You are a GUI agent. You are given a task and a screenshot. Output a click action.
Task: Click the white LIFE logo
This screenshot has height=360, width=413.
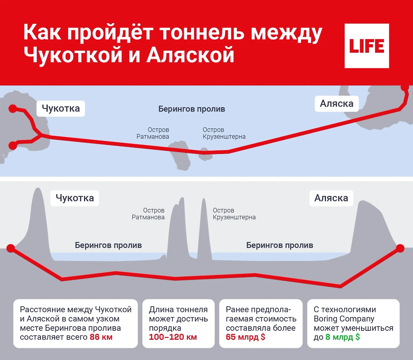[367, 46]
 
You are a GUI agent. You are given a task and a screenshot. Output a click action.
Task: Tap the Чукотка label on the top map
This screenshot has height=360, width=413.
[61, 108]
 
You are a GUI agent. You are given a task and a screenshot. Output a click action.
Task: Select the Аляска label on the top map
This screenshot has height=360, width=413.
[336, 104]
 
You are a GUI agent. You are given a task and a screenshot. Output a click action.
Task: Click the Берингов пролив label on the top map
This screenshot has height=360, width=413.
[191, 109]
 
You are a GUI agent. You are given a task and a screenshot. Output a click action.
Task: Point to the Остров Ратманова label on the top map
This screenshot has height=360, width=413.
[153, 133]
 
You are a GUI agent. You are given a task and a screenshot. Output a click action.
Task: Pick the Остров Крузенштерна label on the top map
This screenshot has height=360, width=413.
[224, 133]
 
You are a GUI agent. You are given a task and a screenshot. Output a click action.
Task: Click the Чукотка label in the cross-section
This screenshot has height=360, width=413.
[75, 198]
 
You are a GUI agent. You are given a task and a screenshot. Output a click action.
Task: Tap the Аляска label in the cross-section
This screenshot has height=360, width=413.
[331, 198]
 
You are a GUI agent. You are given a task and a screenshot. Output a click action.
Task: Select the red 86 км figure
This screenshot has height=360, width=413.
[101, 337]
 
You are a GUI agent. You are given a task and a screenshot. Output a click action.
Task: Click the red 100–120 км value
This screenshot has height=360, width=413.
[173, 337]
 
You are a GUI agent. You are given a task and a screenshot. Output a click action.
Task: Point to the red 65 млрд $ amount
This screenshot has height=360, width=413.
[245, 337]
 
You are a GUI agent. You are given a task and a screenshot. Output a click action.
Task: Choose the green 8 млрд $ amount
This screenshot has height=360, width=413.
[342, 337]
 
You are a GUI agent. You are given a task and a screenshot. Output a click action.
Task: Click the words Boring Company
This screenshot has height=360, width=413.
[344, 319]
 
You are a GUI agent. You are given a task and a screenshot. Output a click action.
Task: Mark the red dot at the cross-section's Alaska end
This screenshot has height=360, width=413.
[400, 248]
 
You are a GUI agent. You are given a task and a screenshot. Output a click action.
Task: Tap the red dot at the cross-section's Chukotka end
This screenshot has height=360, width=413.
[11, 248]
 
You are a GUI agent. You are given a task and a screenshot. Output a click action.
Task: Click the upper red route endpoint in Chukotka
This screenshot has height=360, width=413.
[12, 109]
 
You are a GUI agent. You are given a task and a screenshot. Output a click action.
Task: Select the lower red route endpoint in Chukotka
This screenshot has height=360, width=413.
[12, 146]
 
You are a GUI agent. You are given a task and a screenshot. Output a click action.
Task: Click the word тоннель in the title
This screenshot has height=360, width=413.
[202, 33]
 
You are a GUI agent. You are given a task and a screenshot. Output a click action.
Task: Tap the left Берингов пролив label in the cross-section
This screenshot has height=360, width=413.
[108, 245]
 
